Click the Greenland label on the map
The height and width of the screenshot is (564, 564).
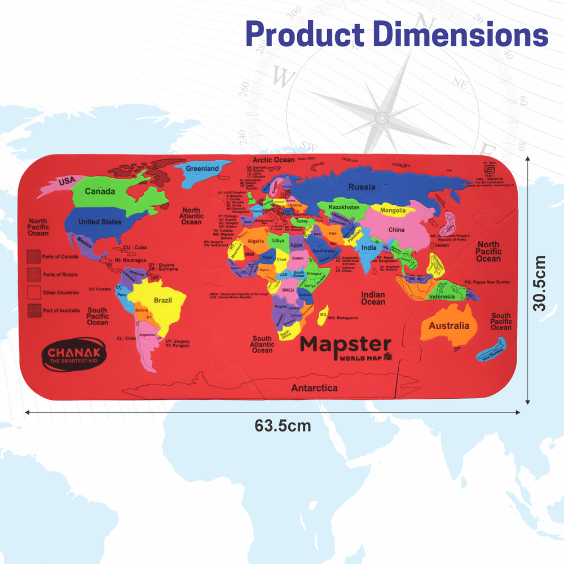point(202,169)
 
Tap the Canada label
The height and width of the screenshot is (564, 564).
point(100,191)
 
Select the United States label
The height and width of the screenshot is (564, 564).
point(100,222)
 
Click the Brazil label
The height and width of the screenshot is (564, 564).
point(162,300)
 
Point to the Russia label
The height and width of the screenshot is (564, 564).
point(362,187)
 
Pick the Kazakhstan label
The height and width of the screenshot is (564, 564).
point(343,208)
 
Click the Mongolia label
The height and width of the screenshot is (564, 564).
point(393,211)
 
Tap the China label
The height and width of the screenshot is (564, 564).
point(396,230)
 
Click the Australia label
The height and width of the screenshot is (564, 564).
point(449,325)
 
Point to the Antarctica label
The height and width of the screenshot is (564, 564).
point(314,388)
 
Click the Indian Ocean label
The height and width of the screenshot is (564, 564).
point(373,298)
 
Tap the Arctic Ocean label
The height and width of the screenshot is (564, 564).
point(274,160)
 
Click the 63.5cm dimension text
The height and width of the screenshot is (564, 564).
point(283,425)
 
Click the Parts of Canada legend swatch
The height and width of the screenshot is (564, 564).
point(34,257)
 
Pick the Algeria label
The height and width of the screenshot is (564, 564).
point(256,241)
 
